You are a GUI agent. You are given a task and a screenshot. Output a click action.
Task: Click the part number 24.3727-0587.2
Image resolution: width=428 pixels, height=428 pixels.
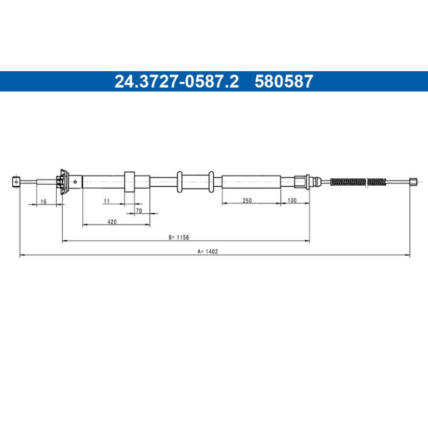[177, 81]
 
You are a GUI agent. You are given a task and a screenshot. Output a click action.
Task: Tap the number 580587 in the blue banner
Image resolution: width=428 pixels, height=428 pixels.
[283, 81]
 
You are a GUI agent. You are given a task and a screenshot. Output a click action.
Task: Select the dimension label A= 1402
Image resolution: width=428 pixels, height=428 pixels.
[208, 251]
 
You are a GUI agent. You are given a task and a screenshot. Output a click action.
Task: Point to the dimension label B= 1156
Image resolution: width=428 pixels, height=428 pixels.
[179, 237]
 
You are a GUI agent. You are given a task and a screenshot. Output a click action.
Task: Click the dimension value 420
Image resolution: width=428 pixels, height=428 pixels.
[112, 222]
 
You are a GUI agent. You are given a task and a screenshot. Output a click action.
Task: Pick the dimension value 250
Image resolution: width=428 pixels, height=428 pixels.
[247, 200]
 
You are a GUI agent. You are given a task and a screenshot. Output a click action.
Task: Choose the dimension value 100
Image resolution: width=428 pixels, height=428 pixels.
[292, 200]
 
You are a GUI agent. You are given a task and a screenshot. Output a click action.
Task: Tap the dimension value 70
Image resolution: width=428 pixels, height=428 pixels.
[139, 211]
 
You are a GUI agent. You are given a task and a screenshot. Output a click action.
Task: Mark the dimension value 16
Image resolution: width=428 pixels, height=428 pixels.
[43, 202]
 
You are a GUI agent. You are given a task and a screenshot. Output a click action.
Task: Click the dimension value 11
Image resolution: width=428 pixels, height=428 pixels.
[107, 201]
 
